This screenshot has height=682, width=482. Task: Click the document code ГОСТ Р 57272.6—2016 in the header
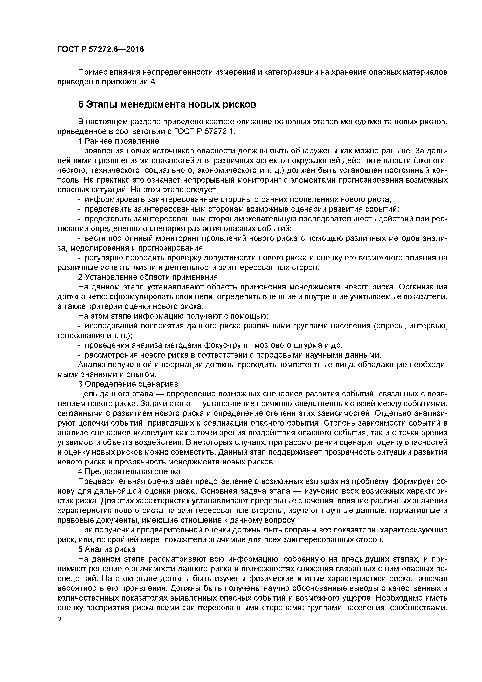[x=100, y=49]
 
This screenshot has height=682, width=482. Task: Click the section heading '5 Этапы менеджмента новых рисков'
[x=167, y=105]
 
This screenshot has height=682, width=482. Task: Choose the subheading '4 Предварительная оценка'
[x=129, y=472]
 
